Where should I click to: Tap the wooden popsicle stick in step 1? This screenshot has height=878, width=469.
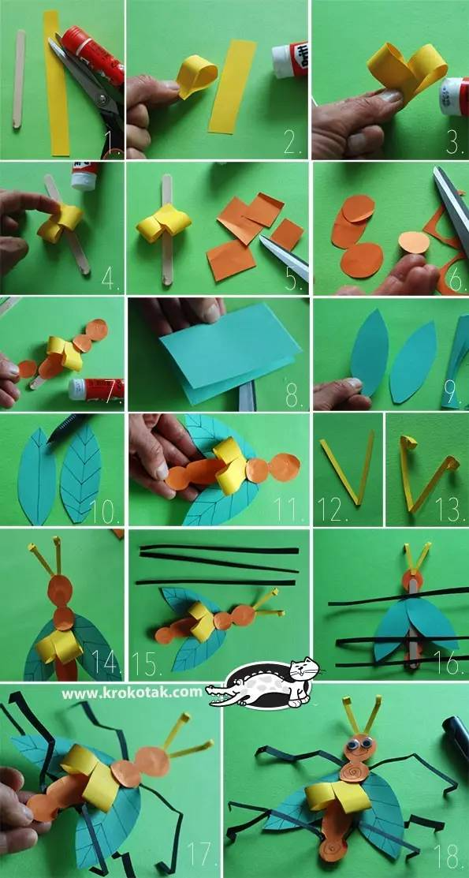[19, 78]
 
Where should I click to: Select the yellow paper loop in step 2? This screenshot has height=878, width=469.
[196, 78]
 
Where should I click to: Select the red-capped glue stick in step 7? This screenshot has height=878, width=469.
[95, 388]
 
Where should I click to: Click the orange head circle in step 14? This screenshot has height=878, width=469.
[61, 590]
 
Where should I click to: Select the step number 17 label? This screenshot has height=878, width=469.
[200, 854]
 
